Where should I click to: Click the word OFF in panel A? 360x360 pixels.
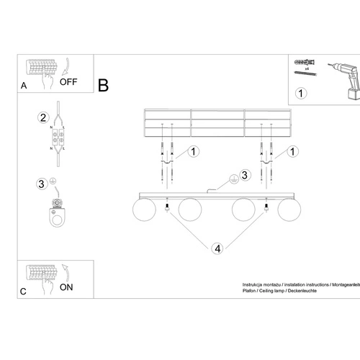(x=68, y=81)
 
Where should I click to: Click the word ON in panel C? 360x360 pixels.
(x=66, y=287)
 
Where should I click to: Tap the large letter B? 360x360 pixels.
(x=103, y=86)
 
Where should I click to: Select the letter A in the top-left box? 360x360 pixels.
(x=23, y=86)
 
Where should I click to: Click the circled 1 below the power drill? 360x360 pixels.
(x=302, y=93)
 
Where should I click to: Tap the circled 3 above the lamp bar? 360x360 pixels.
(x=244, y=174)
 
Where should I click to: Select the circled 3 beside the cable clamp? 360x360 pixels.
(x=42, y=183)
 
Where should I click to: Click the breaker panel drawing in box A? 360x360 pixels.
(x=41, y=68)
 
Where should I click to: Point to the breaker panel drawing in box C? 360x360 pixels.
(x=41, y=274)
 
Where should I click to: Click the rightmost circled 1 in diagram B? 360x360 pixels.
(x=293, y=152)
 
